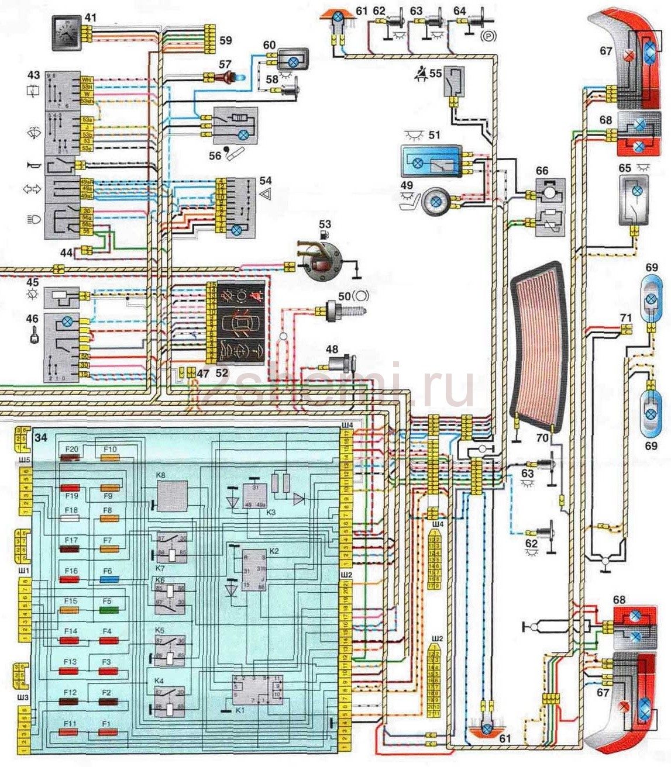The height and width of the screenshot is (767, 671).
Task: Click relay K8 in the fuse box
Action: point(172,493)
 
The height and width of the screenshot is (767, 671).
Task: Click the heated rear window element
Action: point(536,345)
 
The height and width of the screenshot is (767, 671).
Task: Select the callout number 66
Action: point(542,170)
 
